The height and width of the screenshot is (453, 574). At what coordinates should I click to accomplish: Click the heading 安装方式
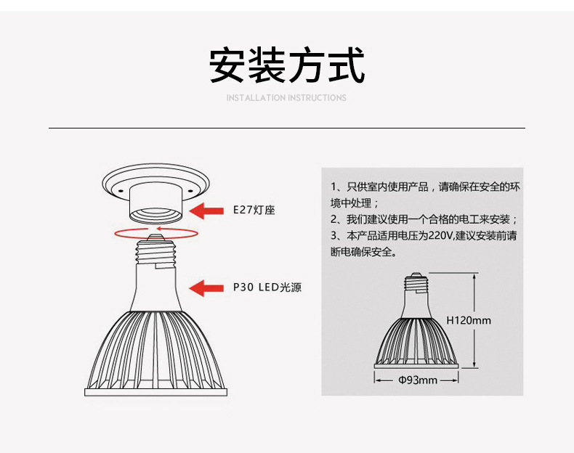pos(286,66)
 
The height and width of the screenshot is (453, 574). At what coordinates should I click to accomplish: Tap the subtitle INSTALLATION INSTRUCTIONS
pos(286,98)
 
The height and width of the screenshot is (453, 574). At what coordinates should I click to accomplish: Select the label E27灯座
pos(254,211)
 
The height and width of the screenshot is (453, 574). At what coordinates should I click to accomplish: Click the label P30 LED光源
pos(267,287)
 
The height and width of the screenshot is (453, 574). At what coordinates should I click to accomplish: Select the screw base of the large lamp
pos(156,250)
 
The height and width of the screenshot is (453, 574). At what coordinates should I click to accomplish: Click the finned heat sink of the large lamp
pos(156,348)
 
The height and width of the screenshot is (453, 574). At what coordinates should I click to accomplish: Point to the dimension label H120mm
pos(468,320)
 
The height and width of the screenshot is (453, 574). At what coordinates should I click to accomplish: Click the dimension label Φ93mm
pos(418,380)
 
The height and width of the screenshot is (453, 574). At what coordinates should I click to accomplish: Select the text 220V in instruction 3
pos(440,236)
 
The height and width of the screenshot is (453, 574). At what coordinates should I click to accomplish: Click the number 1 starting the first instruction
pos(334,187)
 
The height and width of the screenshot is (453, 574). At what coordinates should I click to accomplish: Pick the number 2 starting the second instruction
pos(334,219)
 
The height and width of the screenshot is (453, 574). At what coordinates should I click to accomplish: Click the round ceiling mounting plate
pos(156,179)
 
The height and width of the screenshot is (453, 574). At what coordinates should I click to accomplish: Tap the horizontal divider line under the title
pos(286,128)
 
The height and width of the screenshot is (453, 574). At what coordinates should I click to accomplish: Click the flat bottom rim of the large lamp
pos(156,391)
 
